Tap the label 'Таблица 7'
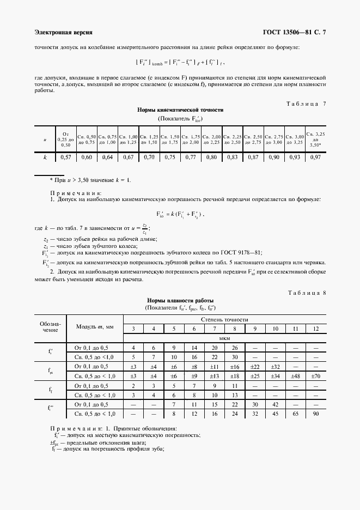click(306, 104)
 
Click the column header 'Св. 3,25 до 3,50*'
click(316, 139)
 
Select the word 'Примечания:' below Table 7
click(76, 193)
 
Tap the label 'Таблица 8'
click(306, 293)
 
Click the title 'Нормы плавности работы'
click(180, 300)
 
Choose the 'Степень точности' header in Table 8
click(224, 319)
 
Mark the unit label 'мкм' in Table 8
click(224, 337)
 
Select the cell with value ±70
click(315, 376)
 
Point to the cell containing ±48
click(295, 376)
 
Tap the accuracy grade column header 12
click(315, 328)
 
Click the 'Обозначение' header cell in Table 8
click(50, 326)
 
